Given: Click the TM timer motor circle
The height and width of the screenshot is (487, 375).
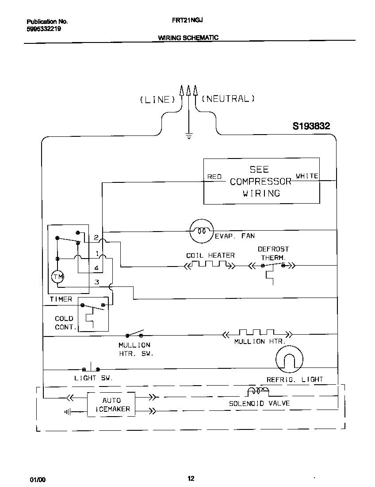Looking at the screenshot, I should click(58, 277).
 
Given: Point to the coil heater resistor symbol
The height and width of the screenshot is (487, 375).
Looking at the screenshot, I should click(209, 265).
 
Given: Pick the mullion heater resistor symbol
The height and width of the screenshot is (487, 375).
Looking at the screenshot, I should click(257, 332).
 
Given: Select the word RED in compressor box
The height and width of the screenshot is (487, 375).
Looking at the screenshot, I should click(214, 177).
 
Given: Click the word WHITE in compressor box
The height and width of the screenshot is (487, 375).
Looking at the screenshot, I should click(307, 176).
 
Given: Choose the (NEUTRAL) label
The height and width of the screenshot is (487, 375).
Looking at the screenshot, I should click(228, 99).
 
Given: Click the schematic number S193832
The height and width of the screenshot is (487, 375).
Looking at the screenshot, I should click(311, 126).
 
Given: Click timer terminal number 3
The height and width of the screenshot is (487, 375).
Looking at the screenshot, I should click(97, 282).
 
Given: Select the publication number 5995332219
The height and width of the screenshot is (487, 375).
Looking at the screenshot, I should click(43, 29).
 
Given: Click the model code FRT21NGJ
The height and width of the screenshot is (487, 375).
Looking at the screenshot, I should click(188, 20).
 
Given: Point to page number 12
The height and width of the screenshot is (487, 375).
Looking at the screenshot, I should click(191, 478).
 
